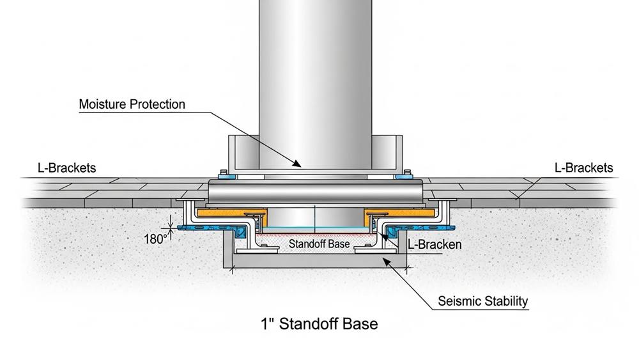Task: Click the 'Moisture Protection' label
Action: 132,104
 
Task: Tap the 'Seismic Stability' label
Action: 483,301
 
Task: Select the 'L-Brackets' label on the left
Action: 67,168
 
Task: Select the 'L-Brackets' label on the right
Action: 583,168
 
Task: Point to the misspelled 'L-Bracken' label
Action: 435,244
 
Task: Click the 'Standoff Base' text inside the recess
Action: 319,244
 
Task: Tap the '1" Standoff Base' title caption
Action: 319,324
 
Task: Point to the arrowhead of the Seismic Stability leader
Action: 385,262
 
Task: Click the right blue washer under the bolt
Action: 403,176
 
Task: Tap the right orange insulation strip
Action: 399,213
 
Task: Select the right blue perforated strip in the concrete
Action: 419,227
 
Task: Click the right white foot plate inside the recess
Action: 375,249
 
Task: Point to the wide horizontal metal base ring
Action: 316,191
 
